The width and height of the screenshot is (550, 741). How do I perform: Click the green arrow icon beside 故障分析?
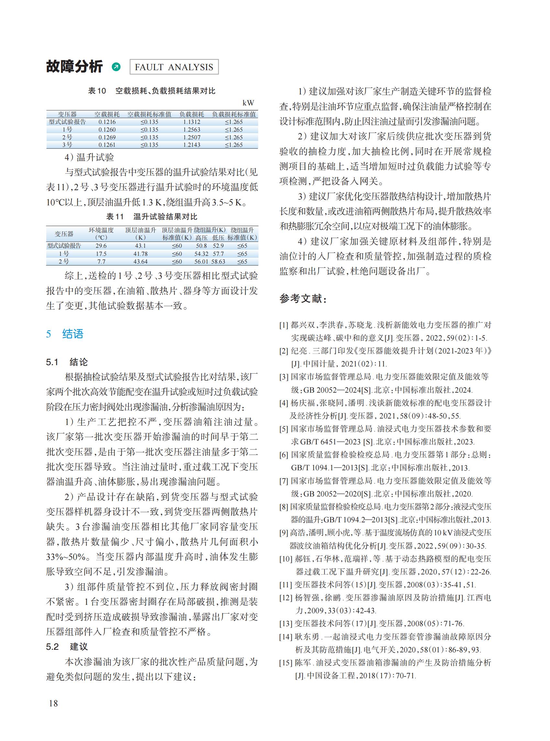(x=116, y=67)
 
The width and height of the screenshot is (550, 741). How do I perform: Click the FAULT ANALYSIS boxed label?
(x=173, y=67)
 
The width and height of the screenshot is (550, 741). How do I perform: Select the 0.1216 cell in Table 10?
(x=107, y=122)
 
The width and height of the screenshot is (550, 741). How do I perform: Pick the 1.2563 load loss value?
(x=192, y=129)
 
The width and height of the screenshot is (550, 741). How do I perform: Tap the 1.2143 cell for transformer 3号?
(x=192, y=145)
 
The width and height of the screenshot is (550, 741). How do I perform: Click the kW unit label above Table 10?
(x=248, y=103)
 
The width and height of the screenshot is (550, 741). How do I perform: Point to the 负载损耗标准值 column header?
(x=234, y=114)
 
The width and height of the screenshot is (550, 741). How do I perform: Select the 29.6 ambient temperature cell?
(x=101, y=246)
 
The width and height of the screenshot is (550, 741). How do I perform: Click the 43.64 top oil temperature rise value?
(x=140, y=262)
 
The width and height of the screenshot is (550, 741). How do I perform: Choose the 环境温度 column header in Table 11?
(x=101, y=230)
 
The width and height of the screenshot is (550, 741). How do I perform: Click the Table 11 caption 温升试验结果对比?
(x=165, y=217)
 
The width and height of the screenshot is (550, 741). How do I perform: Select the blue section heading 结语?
(x=72, y=334)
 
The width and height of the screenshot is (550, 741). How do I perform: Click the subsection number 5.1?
(x=52, y=362)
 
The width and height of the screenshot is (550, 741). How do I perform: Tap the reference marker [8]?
(x=284, y=507)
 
